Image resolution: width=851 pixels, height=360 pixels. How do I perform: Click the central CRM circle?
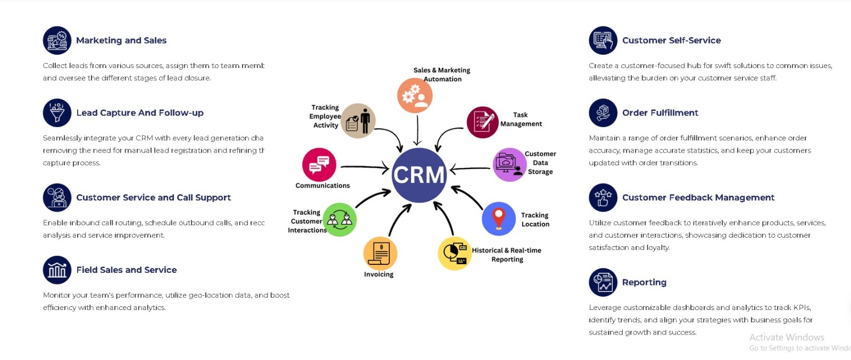click(419, 175)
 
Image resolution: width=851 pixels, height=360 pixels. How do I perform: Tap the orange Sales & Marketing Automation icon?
click(415, 96)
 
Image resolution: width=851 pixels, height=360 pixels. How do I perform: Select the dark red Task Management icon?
click(482, 122)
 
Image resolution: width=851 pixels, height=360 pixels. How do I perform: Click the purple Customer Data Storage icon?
click(510, 164)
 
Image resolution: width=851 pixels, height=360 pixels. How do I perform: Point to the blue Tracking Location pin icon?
click(498, 219)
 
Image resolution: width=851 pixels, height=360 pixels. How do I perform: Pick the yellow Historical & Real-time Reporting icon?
click(454, 254)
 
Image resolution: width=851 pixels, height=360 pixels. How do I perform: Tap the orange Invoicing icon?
click(380, 253)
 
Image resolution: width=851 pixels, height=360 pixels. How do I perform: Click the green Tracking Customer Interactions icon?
click(339, 219)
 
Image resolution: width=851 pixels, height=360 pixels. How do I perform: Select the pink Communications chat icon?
click(319, 164)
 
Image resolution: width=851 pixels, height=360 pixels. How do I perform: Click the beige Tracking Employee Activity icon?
click(358, 121)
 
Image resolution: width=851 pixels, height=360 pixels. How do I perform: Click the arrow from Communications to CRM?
click(365, 168)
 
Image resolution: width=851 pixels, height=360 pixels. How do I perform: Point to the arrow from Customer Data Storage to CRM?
click(470, 169)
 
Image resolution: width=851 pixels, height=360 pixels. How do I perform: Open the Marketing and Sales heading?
click(121, 40)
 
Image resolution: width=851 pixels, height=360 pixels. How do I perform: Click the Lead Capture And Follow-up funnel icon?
click(57, 113)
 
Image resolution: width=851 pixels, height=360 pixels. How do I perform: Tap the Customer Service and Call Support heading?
click(153, 197)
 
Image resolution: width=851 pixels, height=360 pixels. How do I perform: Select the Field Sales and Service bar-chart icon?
click(57, 270)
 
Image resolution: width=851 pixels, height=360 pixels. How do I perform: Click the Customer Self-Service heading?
click(671, 40)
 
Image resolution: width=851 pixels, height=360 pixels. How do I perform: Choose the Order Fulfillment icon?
click(603, 113)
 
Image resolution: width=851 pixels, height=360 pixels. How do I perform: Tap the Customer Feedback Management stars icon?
click(603, 197)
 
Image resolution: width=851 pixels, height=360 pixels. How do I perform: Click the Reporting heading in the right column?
click(644, 282)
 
